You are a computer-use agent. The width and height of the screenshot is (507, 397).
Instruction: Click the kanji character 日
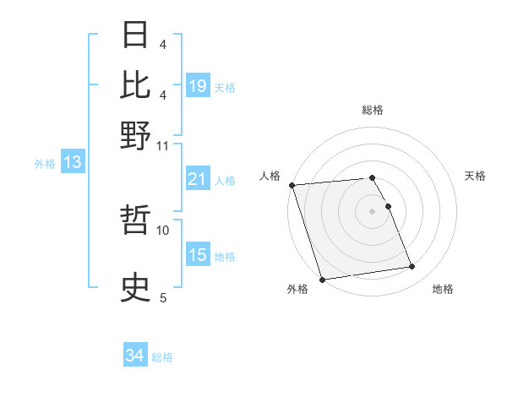[136, 35]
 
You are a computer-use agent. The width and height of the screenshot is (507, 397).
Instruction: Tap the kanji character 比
[136, 84]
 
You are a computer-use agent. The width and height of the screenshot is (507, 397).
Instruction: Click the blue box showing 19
[198, 86]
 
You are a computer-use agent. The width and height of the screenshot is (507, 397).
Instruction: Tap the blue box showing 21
[198, 179]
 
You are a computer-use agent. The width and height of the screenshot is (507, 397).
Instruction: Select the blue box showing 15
[198, 255]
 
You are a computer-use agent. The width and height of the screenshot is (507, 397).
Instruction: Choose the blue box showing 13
[73, 163]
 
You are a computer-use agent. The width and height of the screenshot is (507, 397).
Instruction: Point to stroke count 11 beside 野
[163, 145]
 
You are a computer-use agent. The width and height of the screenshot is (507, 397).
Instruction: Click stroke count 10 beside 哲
[163, 229]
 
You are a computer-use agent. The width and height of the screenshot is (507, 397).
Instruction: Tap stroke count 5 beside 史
[163, 297]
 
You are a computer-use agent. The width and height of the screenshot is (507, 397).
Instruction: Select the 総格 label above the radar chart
[373, 110]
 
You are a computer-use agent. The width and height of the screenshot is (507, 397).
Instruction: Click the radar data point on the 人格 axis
[292, 185]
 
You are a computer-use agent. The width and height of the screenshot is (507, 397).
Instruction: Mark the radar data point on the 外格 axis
[322, 280]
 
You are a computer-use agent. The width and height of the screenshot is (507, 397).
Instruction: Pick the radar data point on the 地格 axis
[412, 267]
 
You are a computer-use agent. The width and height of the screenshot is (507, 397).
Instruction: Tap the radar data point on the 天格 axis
[389, 206]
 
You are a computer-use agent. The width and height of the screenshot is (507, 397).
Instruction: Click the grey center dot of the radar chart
[373, 211]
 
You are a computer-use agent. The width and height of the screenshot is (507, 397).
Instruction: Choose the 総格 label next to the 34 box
[163, 357]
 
